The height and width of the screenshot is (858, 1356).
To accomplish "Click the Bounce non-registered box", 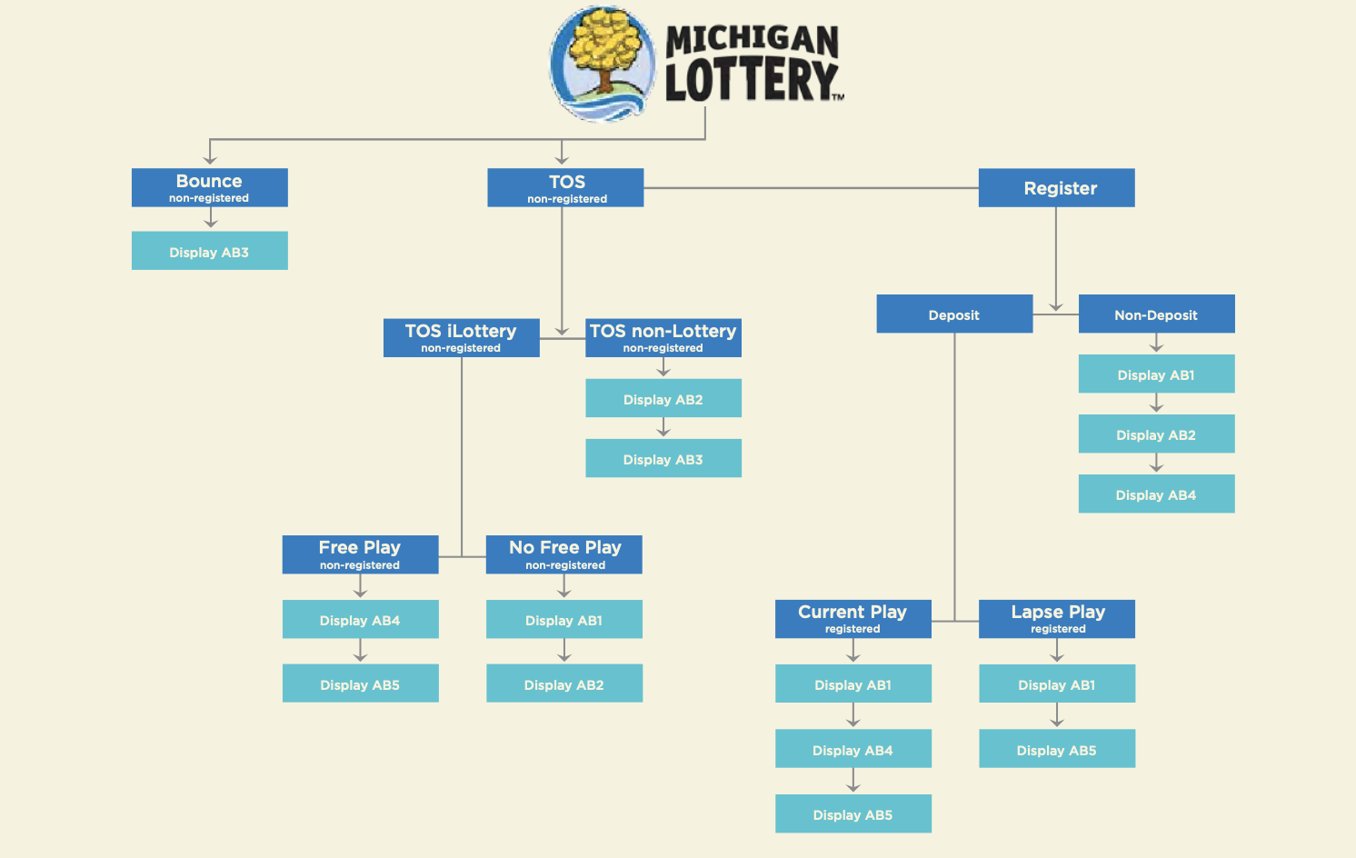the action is tap(209, 187).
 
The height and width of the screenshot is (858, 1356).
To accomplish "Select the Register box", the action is tap(1056, 188).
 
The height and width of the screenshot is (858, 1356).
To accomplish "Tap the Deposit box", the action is tap(954, 314).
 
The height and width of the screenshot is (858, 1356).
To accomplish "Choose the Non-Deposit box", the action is tap(1156, 314).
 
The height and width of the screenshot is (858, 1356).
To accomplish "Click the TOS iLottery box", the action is tap(461, 337).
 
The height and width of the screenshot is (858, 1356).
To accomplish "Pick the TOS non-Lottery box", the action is tap(663, 337).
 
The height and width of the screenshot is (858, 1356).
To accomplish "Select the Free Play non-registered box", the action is tap(360, 554).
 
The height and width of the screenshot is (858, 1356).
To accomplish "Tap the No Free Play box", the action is tap(564, 554).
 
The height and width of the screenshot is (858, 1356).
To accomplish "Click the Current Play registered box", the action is tap(852, 618).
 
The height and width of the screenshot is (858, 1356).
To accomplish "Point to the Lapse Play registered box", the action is tap(1057, 618).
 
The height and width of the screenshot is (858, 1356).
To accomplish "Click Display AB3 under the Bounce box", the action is tap(209, 252).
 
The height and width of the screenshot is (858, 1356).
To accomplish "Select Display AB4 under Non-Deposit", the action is tap(1156, 494).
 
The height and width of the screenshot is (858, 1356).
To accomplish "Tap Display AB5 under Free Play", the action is tap(360, 683).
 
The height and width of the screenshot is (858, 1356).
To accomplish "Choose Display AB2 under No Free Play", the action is tap(564, 683).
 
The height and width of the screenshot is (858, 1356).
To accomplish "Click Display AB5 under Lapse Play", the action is tap(1057, 749).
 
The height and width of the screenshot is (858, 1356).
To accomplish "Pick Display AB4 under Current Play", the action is tap(852, 749).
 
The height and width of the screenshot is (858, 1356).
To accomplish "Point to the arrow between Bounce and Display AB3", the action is tap(211, 219).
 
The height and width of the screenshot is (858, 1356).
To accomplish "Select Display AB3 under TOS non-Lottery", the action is tap(663, 459).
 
